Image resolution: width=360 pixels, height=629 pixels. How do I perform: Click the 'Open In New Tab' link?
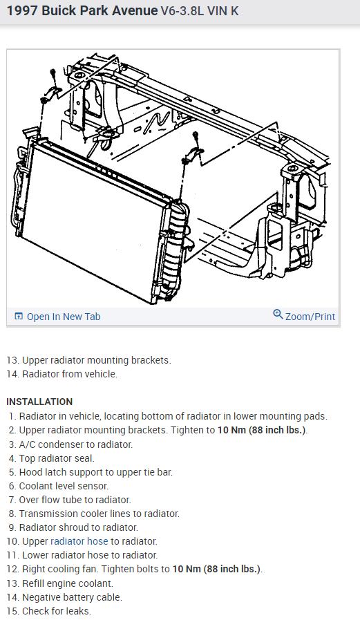(x=64, y=317)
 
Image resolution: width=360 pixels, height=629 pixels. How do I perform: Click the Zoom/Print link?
(x=310, y=317)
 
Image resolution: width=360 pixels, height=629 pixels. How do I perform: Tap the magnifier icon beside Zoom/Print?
(x=278, y=314)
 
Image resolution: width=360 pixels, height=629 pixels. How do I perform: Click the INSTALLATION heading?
(x=39, y=402)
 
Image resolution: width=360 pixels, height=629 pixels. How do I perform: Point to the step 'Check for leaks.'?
(x=56, y=611)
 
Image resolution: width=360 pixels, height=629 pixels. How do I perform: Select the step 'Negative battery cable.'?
(x=72, y=597)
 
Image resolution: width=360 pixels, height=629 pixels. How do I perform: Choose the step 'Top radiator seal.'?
(x=57, y=458)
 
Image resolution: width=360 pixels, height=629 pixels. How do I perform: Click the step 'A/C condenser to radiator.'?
(x=75, y=444)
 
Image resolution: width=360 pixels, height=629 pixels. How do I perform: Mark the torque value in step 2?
(x=262, y=430)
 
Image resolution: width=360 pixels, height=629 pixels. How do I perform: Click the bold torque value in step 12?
(x=217, y=569)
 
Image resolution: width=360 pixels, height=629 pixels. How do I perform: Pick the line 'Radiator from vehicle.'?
(x=70, y=374)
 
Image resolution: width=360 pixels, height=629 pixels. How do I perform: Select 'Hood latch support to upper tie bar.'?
(x=95, y=472)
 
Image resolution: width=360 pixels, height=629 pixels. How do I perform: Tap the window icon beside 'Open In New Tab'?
(x=19, y=317)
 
